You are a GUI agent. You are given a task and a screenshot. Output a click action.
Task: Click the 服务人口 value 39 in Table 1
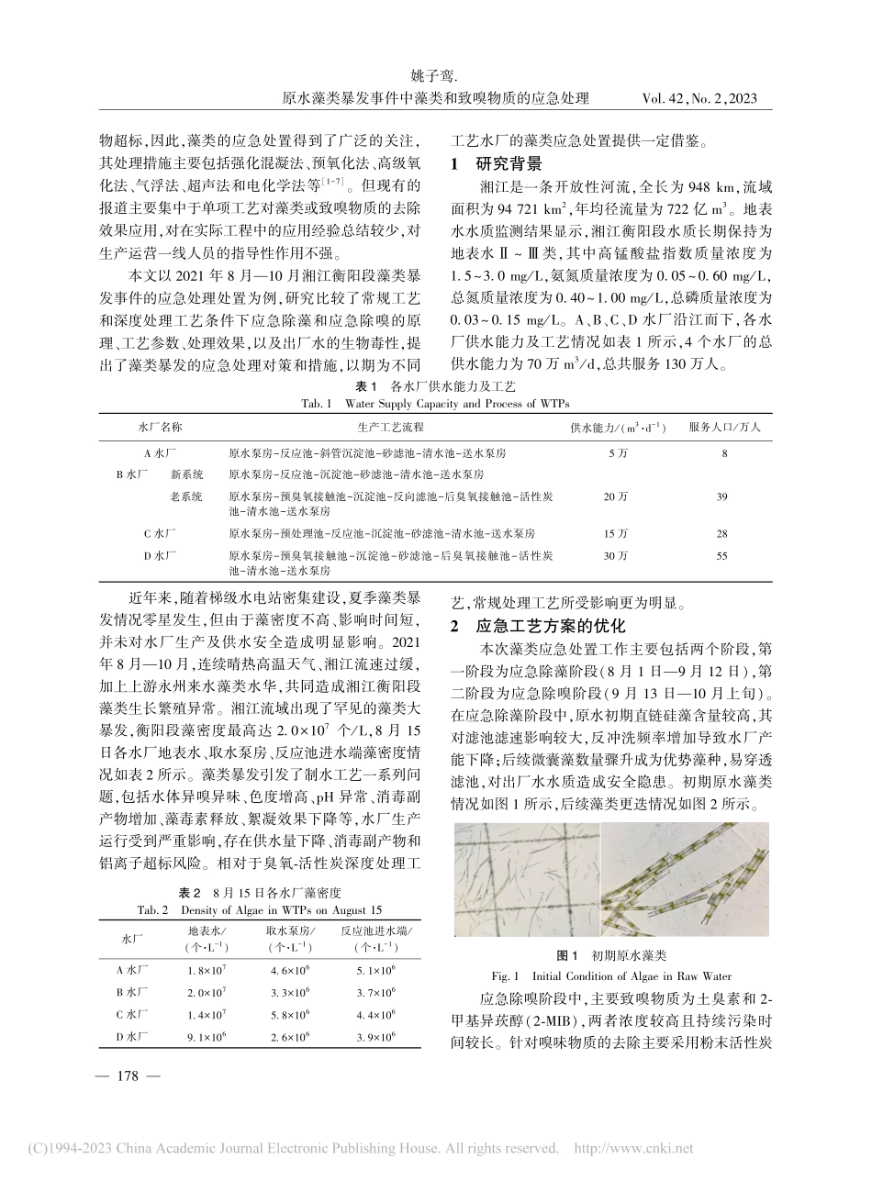[x=721, y=496]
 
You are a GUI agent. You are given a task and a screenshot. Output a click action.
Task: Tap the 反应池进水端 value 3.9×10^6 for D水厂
[x=375, y=1036]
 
